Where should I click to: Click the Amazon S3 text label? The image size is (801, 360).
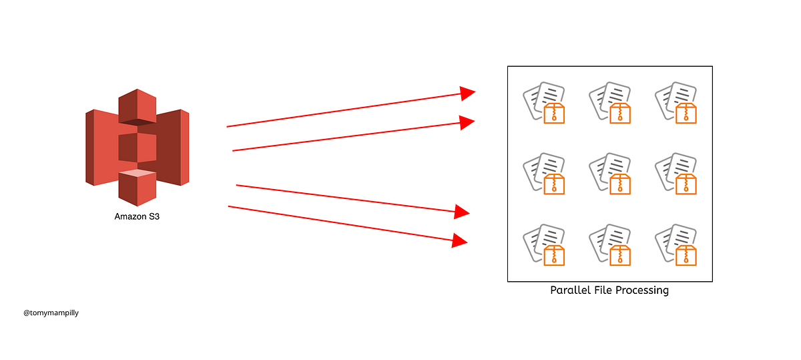click(x=137, y=216)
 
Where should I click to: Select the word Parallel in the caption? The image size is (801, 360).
click(x=569, y=291)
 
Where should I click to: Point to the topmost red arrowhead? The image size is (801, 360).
click(x=467, y=93)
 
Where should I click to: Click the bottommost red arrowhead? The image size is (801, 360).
click(x=459, y=240)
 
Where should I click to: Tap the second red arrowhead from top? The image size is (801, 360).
click(x=466, y=122)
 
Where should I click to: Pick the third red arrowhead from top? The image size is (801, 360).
click(x=462, y=212)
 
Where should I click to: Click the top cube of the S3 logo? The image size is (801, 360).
click(x=137, y=106)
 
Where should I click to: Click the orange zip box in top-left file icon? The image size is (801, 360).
click(x=554, y=113)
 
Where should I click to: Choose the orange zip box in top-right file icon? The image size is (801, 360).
click(x=686, y=113)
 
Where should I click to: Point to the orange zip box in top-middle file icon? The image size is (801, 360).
click(x=620, y=113)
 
